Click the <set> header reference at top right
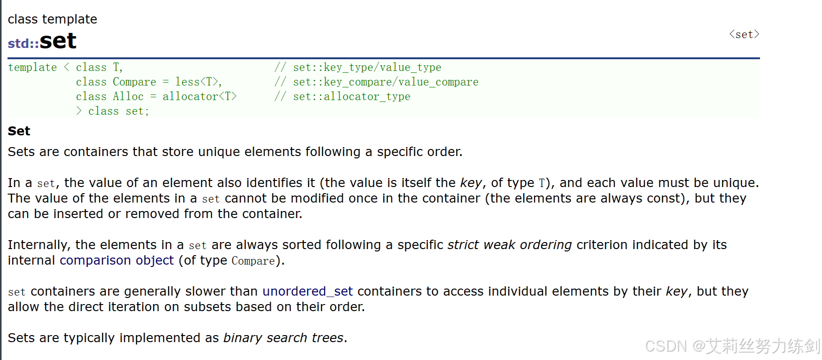(744, 34)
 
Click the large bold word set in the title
(58, 41)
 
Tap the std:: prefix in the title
(23, 43)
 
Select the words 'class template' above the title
(52, 19)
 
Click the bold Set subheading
(19, 131)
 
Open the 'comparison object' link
(116, 260)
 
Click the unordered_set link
(307, 291)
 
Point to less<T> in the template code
(197, 82)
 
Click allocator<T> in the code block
(199, 96)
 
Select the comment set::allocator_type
(351, 96)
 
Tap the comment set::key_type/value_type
(367, 67)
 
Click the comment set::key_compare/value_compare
(386, 82)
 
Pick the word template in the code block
(32, 67)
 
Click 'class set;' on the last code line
(118, 111)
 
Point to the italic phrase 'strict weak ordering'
(510, 245)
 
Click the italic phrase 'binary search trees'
(283, 338)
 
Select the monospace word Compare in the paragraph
(253, 261)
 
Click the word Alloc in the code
(128, 96)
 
